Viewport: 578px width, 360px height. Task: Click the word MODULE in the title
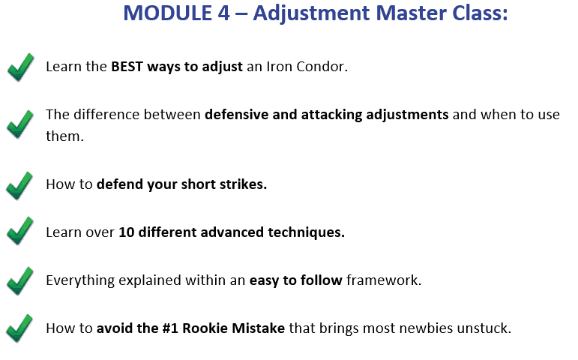[168, 13]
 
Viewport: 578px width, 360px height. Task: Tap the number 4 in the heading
[223, 13]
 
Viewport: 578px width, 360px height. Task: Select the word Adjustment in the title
[311, 14]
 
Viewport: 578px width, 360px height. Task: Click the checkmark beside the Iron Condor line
[21, 67]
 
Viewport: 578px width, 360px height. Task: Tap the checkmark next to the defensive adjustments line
[20, 124]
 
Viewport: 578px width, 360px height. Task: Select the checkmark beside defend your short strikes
[19, 185]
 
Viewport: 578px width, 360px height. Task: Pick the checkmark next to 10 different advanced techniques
[20, 230]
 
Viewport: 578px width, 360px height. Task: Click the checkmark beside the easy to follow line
[20, 280]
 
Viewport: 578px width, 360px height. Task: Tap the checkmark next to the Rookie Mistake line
[19, 328]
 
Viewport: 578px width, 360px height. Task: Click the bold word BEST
[127, 67]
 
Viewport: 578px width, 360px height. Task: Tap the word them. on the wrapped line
[65, 136]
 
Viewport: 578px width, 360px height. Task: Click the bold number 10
[127, 232]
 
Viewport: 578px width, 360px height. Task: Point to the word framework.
[384, 280]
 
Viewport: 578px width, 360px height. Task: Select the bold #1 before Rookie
[170, 328]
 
